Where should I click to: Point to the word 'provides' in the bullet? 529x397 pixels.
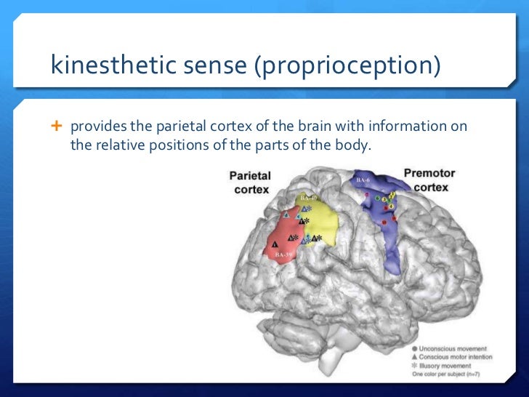94,128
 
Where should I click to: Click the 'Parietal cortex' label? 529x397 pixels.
250,182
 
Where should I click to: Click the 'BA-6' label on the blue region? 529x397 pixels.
363,179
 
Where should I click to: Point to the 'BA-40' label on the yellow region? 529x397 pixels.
308,197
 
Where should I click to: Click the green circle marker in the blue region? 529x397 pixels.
378,198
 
